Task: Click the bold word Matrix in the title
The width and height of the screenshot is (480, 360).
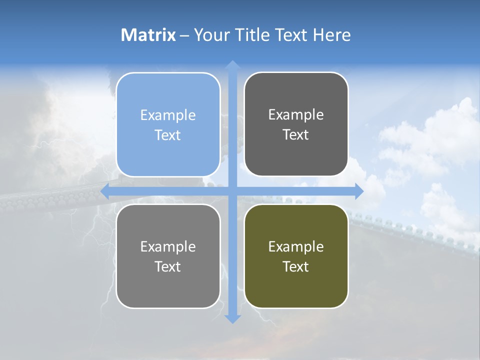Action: (x=148, y=35)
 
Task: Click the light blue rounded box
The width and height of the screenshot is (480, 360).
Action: (x=168, y=125)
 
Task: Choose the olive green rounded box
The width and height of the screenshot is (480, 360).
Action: (x=296, y=256)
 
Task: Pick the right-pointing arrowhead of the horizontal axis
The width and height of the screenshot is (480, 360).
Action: (x=359, y=191)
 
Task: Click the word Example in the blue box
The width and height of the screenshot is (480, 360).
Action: (x=168, y=115)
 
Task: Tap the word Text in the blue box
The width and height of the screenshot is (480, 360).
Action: (x=168, y=135)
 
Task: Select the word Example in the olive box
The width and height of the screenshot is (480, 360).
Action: (x=296, y=247)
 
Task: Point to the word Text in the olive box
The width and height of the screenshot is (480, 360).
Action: (x=296, y=267)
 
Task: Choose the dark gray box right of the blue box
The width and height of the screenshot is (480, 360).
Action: (x=296, y=124)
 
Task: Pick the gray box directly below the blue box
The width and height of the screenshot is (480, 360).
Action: (x=168, y=256)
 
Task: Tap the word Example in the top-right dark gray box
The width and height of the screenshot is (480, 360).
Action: (x=296, y=115)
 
